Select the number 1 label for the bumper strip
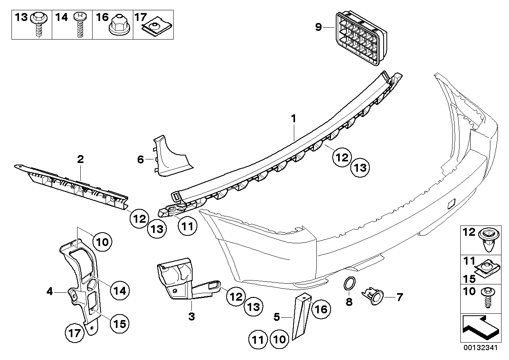click(x=293, y=119)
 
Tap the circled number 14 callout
click(x=120, y=291)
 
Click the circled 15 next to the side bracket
click(x=120, y=324)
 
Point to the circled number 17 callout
click(x=74, y=333)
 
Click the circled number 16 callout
click(x=321, y=309)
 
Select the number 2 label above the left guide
click(x=80, y=159)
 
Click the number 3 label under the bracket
click(x=191, y=316)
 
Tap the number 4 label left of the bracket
click(x=49, y=291)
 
